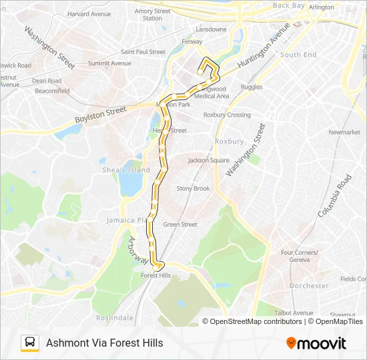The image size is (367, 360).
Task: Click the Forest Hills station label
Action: pos(156,275)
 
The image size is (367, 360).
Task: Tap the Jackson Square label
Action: pos(209,160)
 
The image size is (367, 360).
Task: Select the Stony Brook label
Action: pos(193,189)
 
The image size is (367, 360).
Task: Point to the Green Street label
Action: pos(180,225)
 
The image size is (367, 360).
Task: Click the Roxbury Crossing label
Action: pos(227,115)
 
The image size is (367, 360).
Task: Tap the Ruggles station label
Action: pos(252,87)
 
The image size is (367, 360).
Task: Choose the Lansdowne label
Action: pos(211,29)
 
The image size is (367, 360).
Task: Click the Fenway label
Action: pos(192,41)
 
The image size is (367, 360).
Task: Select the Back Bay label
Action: pos(288,5)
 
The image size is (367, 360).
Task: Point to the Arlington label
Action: pos(322,7)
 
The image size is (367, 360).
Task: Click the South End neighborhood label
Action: pos(298,55)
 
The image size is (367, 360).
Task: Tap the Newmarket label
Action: pos(344,132)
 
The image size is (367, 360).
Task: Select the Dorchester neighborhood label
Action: pos(309,285)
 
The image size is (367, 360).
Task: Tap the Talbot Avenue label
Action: pos(294,313)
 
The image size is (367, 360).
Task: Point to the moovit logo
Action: pos(316,343)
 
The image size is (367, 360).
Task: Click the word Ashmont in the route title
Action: pos(66,343)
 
